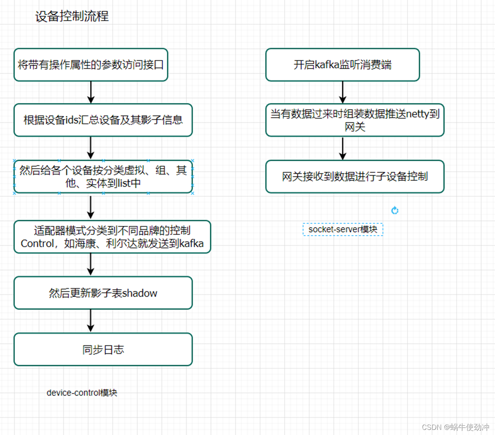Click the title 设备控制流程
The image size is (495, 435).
click(x=72, y=17)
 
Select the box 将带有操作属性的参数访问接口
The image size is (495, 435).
click(x=91, y=65)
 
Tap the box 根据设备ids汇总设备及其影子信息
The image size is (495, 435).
click(x=103, y=120)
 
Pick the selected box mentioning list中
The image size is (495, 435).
click(x=103, y=176)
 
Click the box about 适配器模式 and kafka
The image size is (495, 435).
click(x=112, y=237)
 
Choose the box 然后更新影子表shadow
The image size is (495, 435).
click(x=103, y=293)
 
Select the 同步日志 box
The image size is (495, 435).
click(x=103, y=349)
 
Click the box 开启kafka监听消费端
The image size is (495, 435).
click(x=342, y=65)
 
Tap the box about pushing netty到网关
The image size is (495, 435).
click(x=354, y=120)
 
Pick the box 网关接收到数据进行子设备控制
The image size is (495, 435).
click(x=354, y=176)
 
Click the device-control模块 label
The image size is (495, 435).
click(x=82, y=393)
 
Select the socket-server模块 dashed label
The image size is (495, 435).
click(x=343, y=229)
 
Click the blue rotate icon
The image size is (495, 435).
click(x=395, y=211)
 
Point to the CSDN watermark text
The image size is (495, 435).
click(x=455, y=427)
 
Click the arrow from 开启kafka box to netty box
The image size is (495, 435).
click(x=343, y=92)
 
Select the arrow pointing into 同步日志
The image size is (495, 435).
click(x=91, y=321)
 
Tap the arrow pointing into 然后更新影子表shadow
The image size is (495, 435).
click(x=91, y=264)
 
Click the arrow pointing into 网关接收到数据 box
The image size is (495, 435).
click(x=343, y=148)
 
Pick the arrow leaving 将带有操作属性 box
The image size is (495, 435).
click(x=91, y=92)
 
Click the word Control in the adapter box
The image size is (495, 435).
click(x=37, y=244)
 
